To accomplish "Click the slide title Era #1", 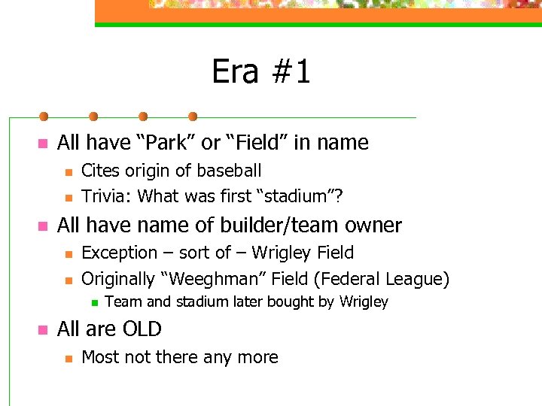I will pos(260,72).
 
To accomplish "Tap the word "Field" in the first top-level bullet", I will pos(270,142).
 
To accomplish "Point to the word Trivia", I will pos(105,196).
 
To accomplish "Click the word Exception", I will pos(118,253).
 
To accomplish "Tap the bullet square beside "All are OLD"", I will pos(42,329).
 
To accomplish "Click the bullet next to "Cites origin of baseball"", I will pos(66,172).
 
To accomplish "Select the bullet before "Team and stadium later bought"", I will pos(92,303).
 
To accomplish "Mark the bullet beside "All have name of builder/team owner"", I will pos(42,226).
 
